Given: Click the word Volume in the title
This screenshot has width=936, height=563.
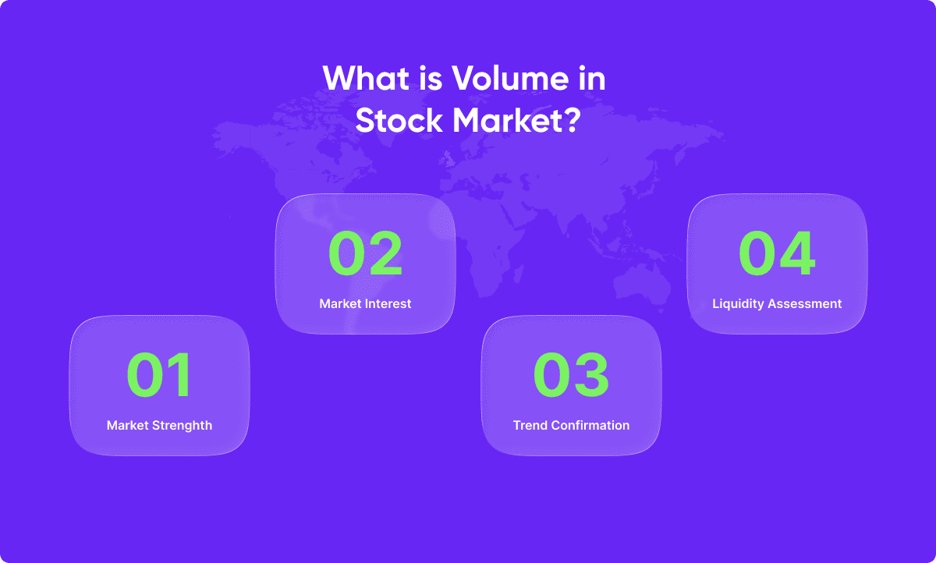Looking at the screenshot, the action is click(x=510, y=78).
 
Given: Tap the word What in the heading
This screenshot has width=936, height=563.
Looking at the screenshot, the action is click(x=366, y=78).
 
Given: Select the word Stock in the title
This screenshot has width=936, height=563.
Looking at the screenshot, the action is click(x=399, y=120).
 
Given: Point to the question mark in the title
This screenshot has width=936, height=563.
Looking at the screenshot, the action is click(x=572, y=120).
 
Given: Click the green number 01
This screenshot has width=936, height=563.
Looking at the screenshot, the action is click(x=159, y=374).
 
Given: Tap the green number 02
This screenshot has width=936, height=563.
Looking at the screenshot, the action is click(x=365, y=253).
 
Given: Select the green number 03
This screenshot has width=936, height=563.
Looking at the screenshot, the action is click(x=571, y=374).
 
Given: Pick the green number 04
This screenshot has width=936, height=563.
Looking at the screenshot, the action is click(x=777, y=253).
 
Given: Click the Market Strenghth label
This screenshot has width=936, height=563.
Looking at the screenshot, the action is click(x=159, y=425).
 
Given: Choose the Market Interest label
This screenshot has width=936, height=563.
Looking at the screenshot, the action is click(x=365, y=303).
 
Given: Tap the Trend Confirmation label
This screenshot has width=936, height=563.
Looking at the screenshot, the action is click(x=571, y=425).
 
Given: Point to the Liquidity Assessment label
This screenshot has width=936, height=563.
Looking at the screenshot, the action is click(x=777, y=303).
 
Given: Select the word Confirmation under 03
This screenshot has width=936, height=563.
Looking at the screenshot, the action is click(x=590, y=425).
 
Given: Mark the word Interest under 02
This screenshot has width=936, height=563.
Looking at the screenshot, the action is click(x=388, y=303).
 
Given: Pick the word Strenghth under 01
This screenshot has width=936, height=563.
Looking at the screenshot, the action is click(x=183, y=426).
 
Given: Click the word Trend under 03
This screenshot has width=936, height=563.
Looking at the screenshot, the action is click(x=530, y=425).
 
